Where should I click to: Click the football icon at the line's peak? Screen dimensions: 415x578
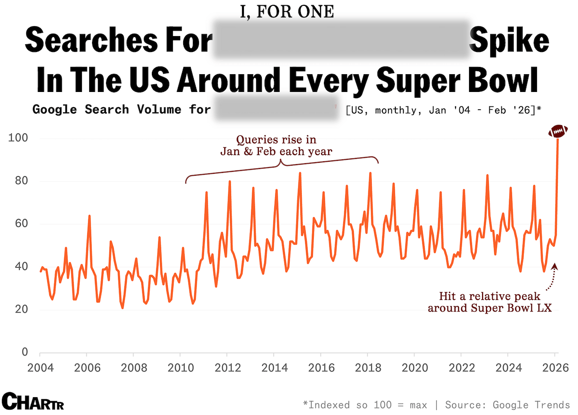coord(558,131)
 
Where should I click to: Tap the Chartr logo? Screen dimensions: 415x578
coord(33,401)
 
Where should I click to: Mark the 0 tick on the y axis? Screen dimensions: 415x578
coord(24,352)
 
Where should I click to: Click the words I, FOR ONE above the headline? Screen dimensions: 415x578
coord(287,12)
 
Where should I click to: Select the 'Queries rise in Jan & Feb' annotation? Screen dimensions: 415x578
coord(276,145)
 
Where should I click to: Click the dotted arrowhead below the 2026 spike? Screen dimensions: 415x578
coord(554,265)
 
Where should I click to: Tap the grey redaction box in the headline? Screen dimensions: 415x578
coord(341,40)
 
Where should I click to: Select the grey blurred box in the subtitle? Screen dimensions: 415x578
coord(275,110)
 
